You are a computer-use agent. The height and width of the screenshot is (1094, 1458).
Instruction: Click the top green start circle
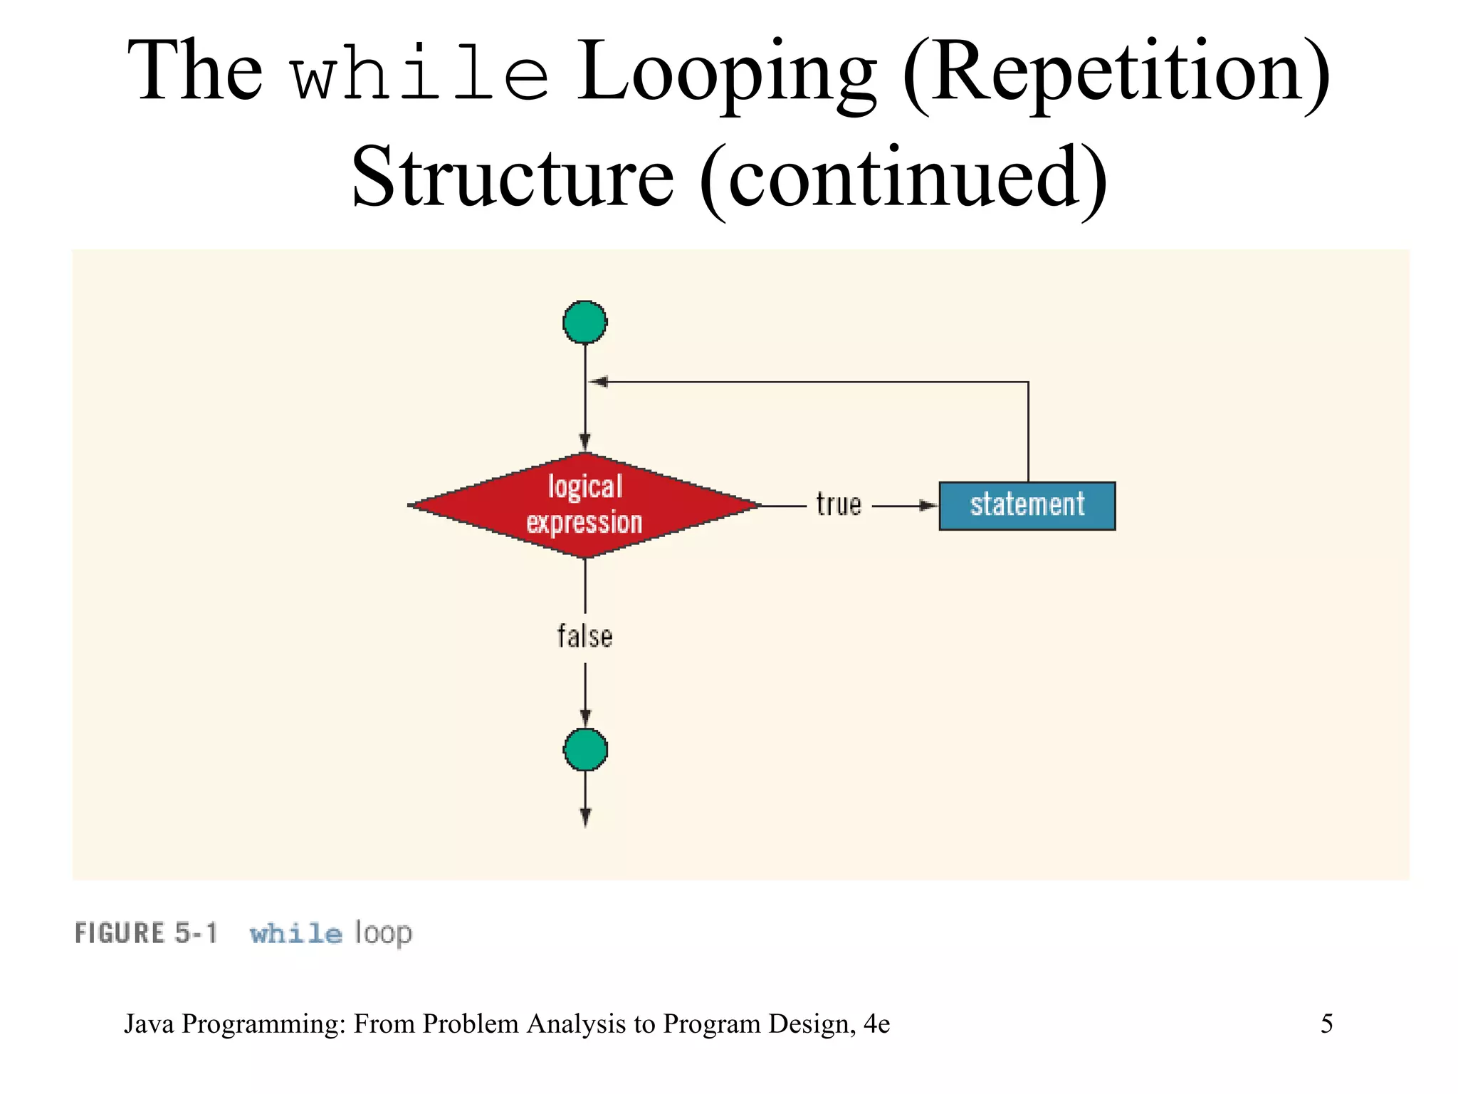pyautogui.click(x=584, y=322)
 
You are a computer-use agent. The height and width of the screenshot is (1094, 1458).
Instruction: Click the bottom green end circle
pyautogui.click(x=585, y=749)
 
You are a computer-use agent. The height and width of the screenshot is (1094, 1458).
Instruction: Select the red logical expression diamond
pyautogui.click(x=584, y=505)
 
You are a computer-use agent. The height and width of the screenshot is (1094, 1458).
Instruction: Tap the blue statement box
pyautogui.click(x=1027, y=506)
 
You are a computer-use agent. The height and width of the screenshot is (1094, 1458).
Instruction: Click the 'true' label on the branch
pyautogui.click(x=839, y=504)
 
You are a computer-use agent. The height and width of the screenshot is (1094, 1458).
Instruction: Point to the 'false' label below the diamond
pyautogui.click(x=584, y=637)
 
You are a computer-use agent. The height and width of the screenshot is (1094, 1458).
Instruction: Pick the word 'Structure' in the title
pyautogui.click(x=513, y=176)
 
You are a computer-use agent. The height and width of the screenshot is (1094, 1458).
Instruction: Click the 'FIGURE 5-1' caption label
pyautogui.click(x=146, y=933)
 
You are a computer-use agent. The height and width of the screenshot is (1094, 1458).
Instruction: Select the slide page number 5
pyautogui.click(x=1326, y=1023)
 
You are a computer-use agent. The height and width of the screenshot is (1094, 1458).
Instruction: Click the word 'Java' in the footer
pyautogui.click(x=149, y=1023)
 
